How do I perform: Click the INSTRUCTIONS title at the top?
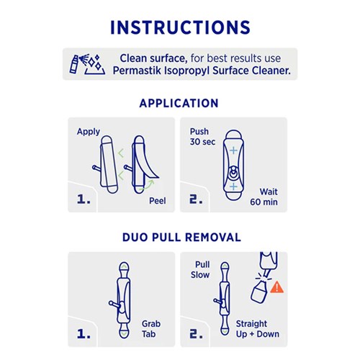tap(180, 27)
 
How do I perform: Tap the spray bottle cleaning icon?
tap(87, 64)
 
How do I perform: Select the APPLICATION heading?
tap(179, 104)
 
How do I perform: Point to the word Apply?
tap(89, 132)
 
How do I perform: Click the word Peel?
tap(158, 201)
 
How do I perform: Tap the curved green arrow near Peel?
tap(147, 185)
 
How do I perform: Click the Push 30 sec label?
tap(202, 137)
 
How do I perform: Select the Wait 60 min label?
tap(264, 197)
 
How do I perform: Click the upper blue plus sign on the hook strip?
tap(233, 150)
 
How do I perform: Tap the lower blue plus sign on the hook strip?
tap(233, 186)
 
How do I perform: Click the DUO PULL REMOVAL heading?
tap(181, 238)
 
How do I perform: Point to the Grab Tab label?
tap(151, 329)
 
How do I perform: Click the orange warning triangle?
tap(277, 287)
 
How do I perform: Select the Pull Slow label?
tap(200, 270)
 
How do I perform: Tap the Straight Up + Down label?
tap(258, 329)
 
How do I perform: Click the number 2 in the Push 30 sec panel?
tap(196, 199)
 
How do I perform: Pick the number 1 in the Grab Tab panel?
tap(84, 333)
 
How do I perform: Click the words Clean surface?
tap(153, 58)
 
